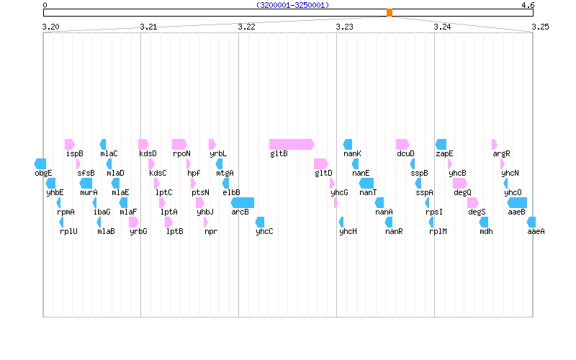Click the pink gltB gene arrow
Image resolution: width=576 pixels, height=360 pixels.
tap(292, 144)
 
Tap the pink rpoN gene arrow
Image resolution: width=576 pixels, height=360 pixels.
tap(179, 144)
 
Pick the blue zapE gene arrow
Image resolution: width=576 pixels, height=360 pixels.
tap(441, 144)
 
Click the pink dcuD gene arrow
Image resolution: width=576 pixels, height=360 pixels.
tap(402, 144)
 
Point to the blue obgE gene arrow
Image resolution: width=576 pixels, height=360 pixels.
tap(40, 163)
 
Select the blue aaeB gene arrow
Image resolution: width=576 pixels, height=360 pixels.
tap(517, 202)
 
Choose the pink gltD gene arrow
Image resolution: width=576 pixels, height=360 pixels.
tap(320, 163)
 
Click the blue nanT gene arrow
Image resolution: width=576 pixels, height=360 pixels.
tap(366, 183)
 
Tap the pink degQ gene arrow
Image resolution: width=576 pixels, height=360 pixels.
tap(459, 183)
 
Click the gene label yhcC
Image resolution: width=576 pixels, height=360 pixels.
tap(264, 231)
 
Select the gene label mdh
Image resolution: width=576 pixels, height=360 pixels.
tap(487, 231)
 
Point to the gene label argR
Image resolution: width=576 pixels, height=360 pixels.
tap(501, 153)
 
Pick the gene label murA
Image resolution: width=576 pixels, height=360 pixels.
tap(89, 192)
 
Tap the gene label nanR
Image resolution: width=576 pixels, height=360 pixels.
tap(394, 231)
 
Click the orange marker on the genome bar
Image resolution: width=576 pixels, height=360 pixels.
tap(390, 12)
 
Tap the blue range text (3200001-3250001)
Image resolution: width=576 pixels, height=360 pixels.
tap(292, 4)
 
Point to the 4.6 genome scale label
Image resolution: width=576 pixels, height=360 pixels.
tap(528, 4)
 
